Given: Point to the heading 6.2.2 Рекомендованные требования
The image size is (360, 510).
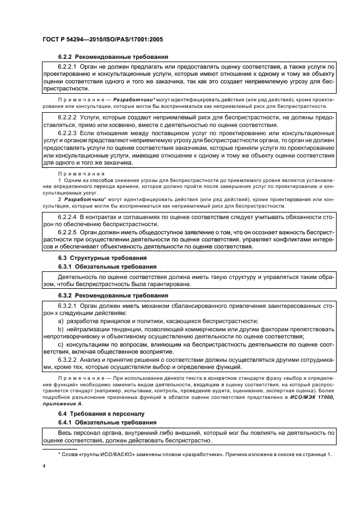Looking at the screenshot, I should click(113, 57).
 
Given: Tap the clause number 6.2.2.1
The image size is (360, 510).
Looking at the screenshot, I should click(68, 66).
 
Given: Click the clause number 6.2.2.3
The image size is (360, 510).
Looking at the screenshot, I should click(68, 132).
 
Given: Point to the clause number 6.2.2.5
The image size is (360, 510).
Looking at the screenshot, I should click(68, 232).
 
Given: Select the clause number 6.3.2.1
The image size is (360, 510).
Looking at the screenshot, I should click(68, 305).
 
